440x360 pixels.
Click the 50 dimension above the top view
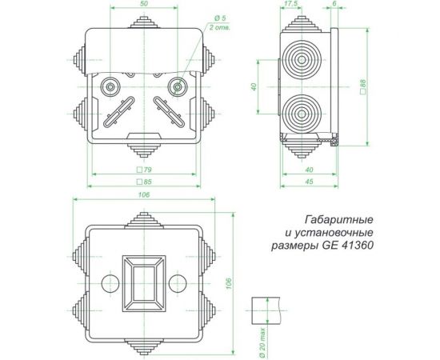click(x=142, y=5)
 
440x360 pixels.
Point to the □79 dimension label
click(x=144, y=170)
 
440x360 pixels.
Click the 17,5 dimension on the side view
click(x=290, y=5)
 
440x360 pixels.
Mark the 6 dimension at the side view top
click(x=332, y=5)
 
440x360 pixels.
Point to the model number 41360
click(x=358, y=246)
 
